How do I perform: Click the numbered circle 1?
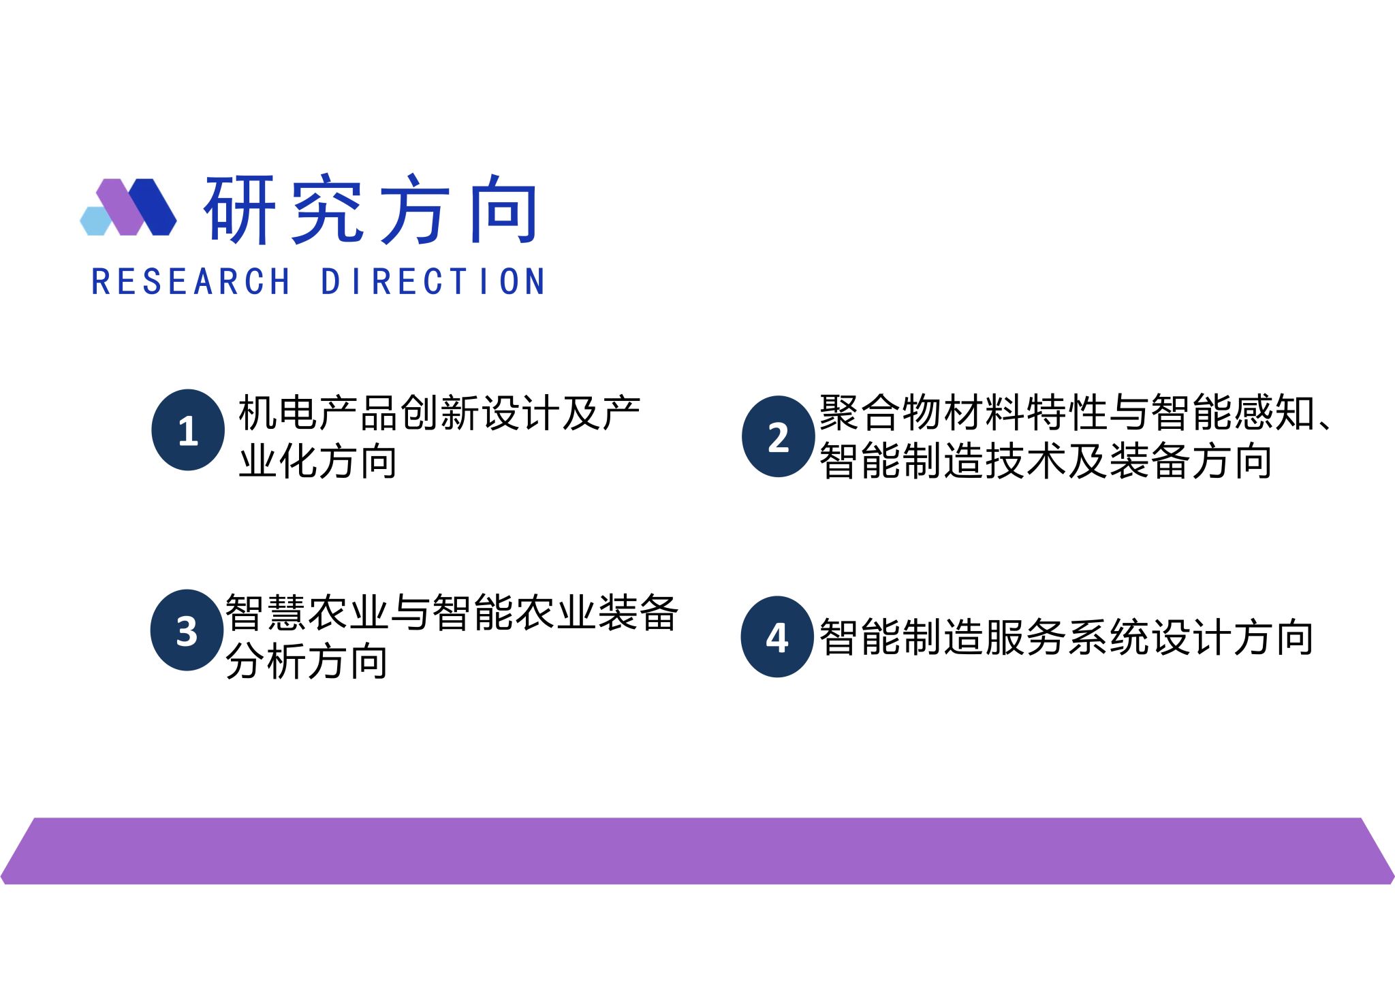tap(188, 430)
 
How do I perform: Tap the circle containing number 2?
tap(779, 436)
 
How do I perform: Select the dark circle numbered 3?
tap(187, 630)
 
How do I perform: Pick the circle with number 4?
tap(777, 636)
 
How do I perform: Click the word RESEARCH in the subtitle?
tap(191, 282)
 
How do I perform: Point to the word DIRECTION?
tap(433, 282)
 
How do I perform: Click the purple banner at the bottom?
tap(697, 851)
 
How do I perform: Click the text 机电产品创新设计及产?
tap(439, 413)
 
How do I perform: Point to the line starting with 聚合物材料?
tap(1076, 413)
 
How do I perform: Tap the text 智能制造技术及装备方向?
tap(1046, 461)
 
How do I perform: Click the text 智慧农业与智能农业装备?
tap(452, 613)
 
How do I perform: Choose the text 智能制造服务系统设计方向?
tap(1066, 637)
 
